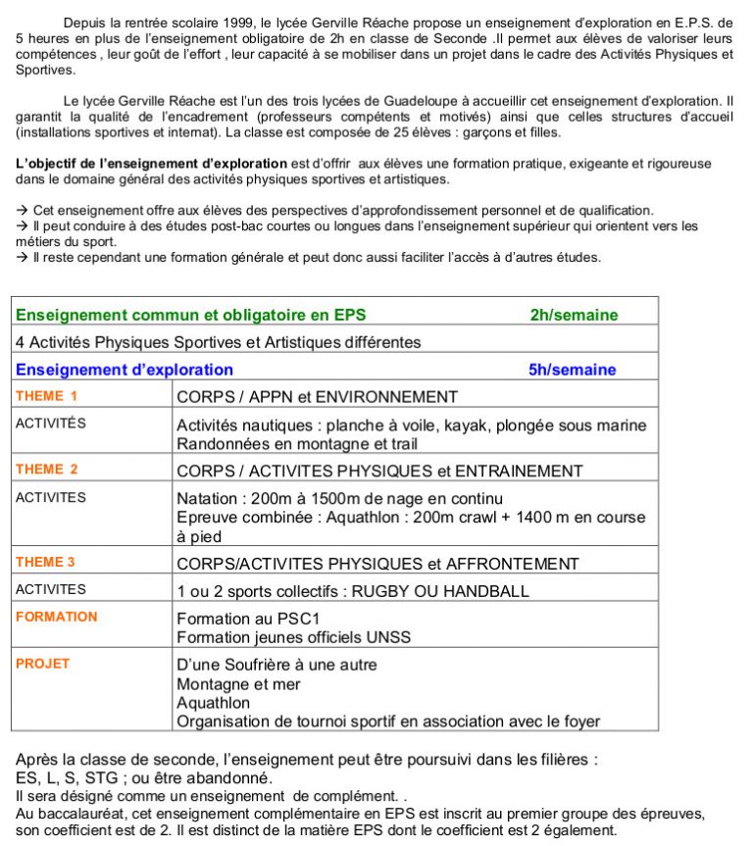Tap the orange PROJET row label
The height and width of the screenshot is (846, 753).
point(42,664)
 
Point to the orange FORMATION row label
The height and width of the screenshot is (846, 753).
point(56,617)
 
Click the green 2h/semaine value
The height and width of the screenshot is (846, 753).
point(574,315)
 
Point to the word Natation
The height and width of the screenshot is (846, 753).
point(209,498)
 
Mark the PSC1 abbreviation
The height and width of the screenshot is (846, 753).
point(291,619)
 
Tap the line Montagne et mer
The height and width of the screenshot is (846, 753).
point(238,684)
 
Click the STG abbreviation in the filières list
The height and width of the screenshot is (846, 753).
point(92,777)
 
